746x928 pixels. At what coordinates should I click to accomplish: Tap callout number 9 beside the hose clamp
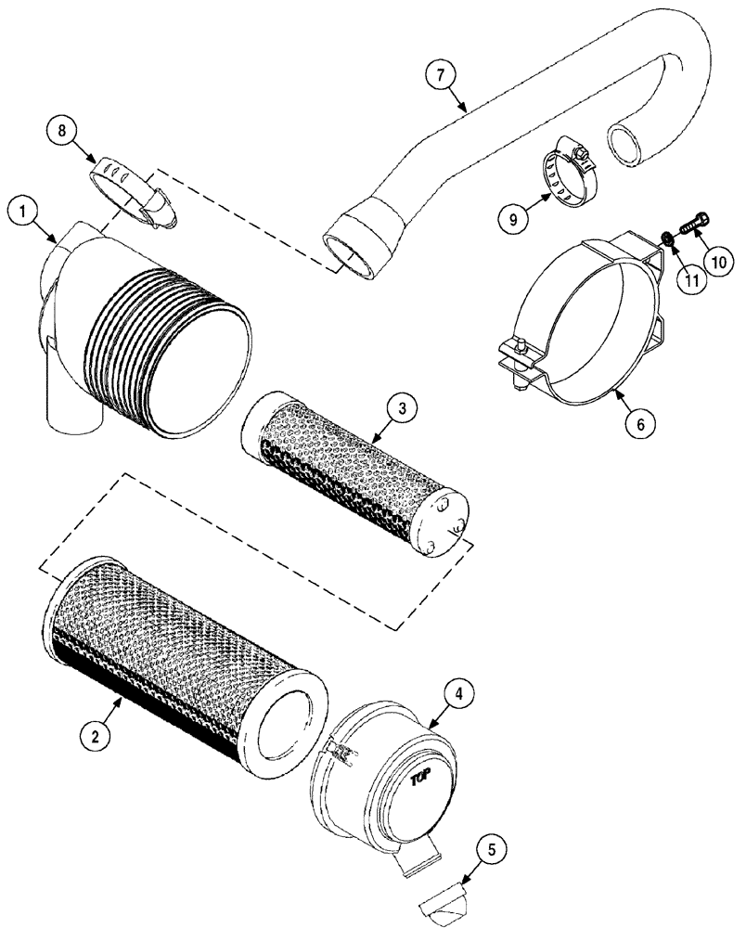514,220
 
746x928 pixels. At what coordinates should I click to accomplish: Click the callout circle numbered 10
721,263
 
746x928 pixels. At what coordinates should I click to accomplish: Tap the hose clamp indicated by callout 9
569,171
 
